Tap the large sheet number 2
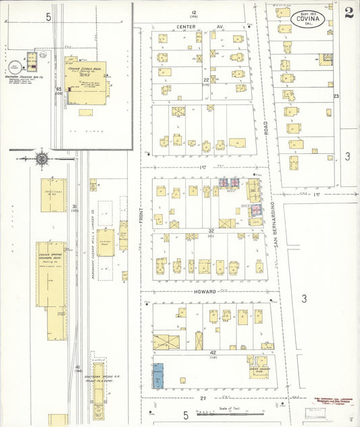coord(349,12)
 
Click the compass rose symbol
coord(41,158)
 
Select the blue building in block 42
coord(157,375)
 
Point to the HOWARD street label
coord(205,292)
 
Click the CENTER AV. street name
coord(200,26)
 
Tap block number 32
coord(211,230)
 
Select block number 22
coord(206,80)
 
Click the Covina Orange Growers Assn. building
coord(51,274)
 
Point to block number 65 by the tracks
coord(59,89)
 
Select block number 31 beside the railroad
coord(75,207)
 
